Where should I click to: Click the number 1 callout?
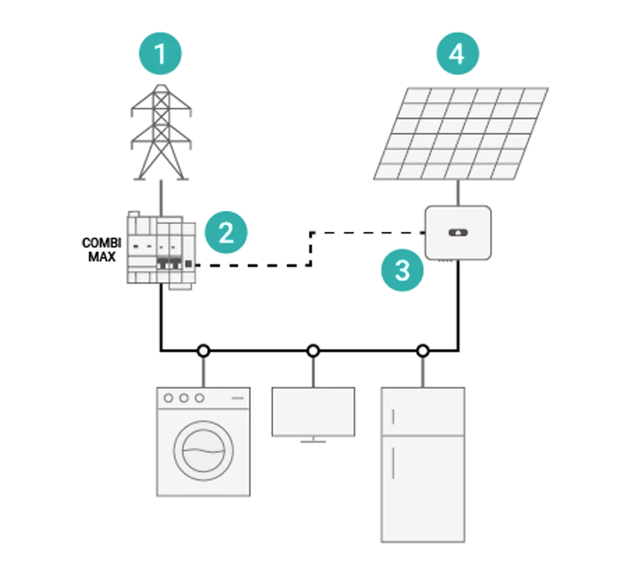pos(159,55)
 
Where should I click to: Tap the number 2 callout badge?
pos(225,233)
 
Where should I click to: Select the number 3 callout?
pos(402,271)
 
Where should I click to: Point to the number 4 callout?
pos(456,54)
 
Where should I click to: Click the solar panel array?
pos(461,133)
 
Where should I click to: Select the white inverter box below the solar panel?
pos(457,232)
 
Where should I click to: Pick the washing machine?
pos(203,442)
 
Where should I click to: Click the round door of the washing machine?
pos(203,452)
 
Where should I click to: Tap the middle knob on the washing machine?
pos(184,398)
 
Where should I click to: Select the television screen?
pos(313,412)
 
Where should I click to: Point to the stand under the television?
pos(312,441)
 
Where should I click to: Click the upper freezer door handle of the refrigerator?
pos(394,417)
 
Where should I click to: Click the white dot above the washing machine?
pos(203,351)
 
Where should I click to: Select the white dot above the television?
pos(313,351)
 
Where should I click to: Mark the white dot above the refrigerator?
pos(423,351)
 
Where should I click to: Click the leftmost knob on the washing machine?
pos(169,398)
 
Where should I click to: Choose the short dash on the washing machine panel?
pos(238,398)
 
